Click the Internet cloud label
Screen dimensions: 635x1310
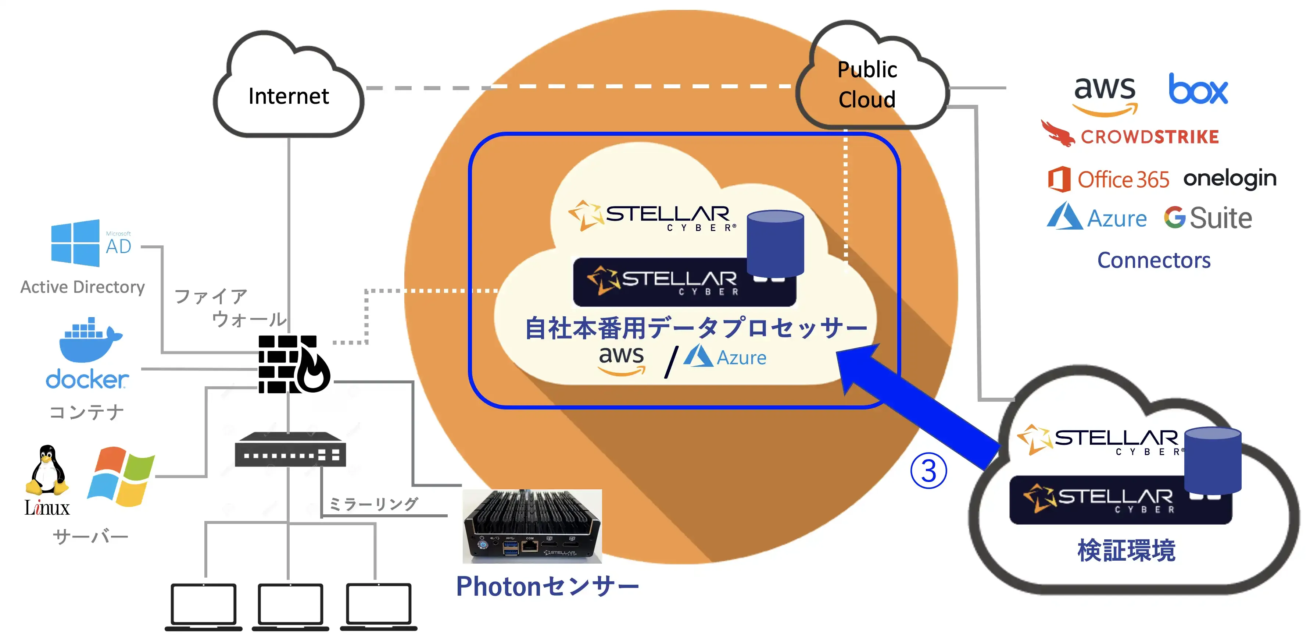point(288,96)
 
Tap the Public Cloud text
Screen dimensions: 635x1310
point(867,85)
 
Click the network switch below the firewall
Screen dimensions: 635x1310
point(290,450)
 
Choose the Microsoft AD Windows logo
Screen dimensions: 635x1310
point(75,243)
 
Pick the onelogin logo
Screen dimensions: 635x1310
point(1229,178)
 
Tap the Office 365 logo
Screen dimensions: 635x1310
point(1109,179)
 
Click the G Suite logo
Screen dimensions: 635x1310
point(1208,218)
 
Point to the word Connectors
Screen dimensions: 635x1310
point(1153,260)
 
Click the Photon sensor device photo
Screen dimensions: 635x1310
point(532,526)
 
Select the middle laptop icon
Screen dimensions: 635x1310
point(290,606)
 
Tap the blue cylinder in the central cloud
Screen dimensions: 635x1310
point(775,242)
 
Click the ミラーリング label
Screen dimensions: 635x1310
point(373,504)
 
